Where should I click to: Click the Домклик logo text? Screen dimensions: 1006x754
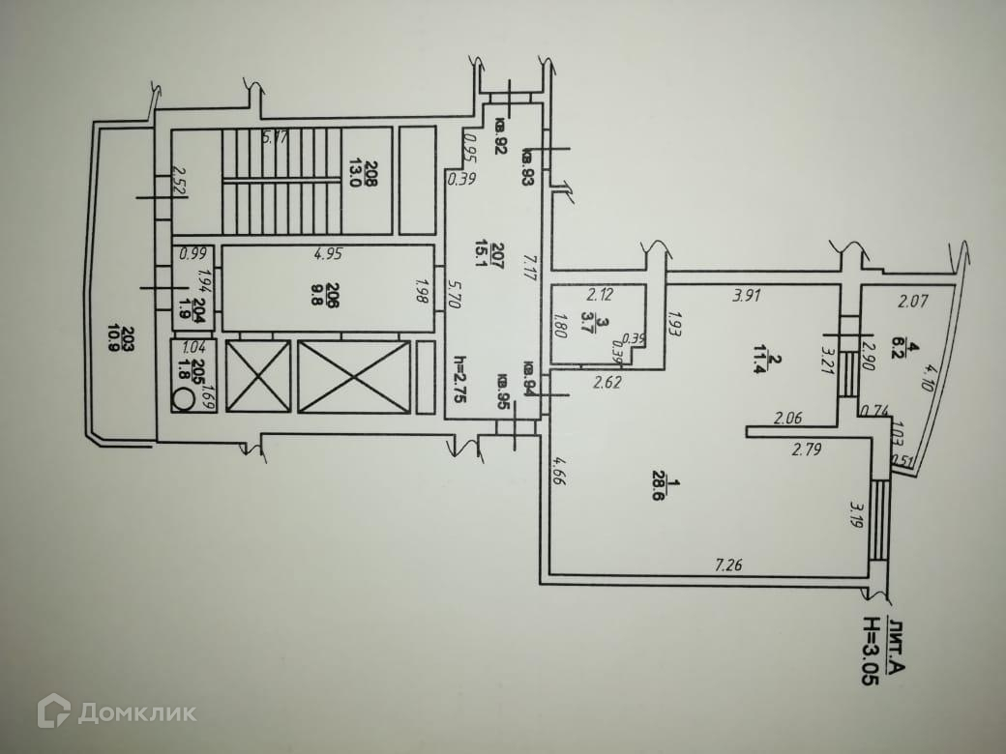tap(136, 713)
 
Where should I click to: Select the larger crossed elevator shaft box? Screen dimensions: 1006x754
tap(353, 376)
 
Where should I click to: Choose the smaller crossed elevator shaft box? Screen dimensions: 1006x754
tap(257, 376)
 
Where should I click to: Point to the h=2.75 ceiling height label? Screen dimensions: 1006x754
tap(459, 383)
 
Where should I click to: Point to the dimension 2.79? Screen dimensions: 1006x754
tap(806, 449)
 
